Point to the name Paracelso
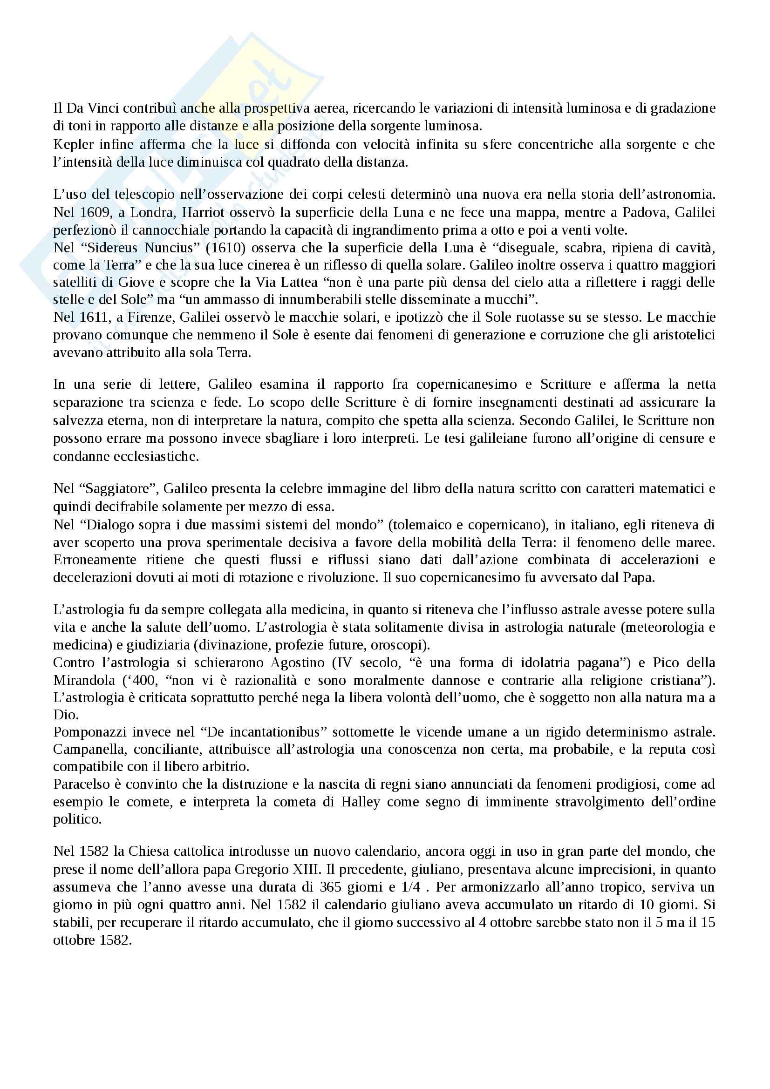80,785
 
